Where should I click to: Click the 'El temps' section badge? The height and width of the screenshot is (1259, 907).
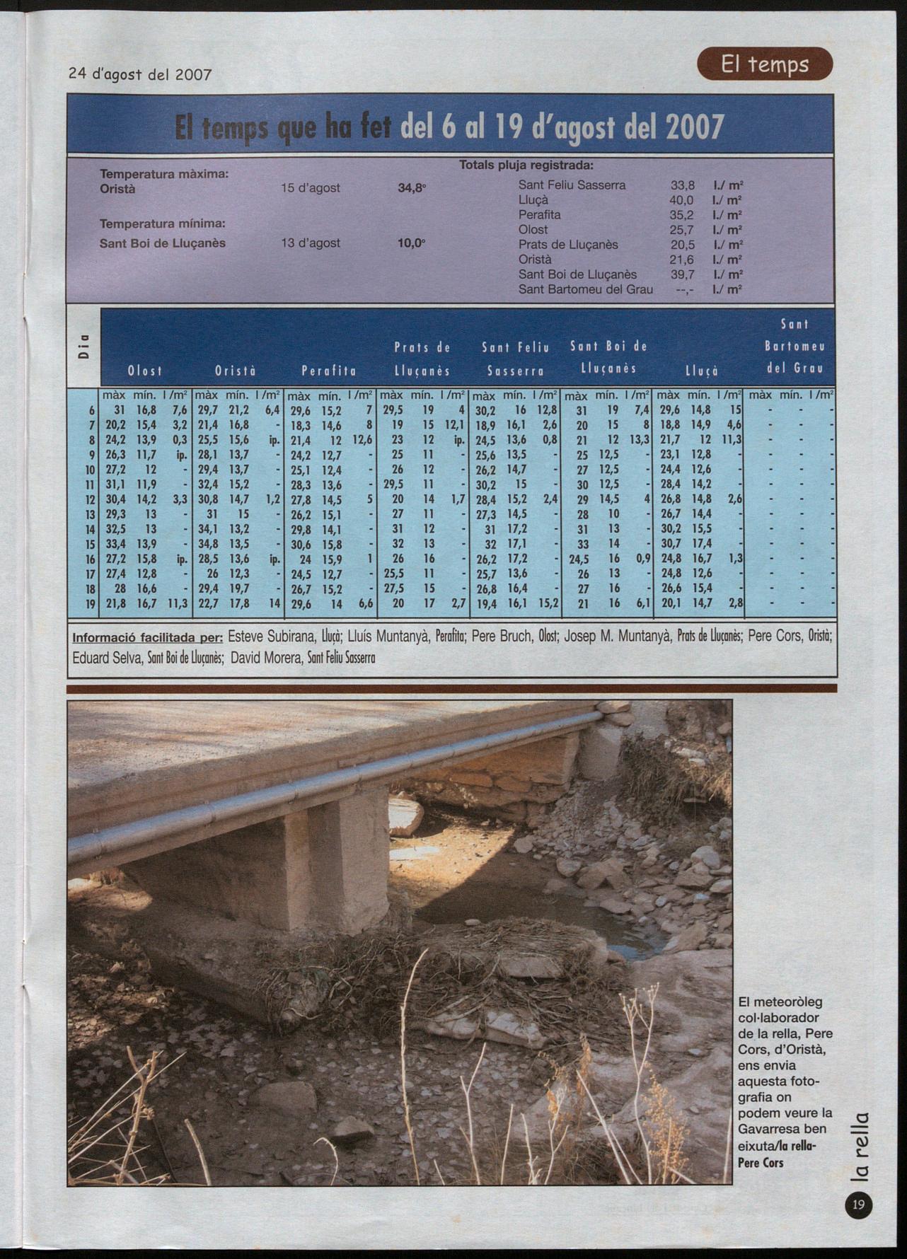tap(765, 65)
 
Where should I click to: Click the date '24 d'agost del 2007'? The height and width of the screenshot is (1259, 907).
tap(140, 74)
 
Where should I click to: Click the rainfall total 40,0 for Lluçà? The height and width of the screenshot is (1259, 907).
tap(682, 200)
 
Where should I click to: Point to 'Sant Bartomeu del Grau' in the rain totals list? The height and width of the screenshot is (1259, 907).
tap(586, 289)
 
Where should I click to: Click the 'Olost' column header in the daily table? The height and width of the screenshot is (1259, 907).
tap(144, 371)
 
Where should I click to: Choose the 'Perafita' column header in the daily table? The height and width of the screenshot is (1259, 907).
tap(329, 371)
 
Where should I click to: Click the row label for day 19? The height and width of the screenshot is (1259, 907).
tap(90, 603)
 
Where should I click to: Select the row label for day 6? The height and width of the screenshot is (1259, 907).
tap(92, 410)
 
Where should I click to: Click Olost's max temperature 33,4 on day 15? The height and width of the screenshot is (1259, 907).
tap(115, 544)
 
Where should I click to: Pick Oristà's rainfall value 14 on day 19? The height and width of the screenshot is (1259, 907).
tap(275, 603)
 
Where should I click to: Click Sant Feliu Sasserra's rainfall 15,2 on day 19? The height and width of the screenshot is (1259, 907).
tap(548, 603)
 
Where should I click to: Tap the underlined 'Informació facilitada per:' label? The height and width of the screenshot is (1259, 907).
tap(147, 636)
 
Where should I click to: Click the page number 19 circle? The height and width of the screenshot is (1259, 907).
tap(859, 1205)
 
